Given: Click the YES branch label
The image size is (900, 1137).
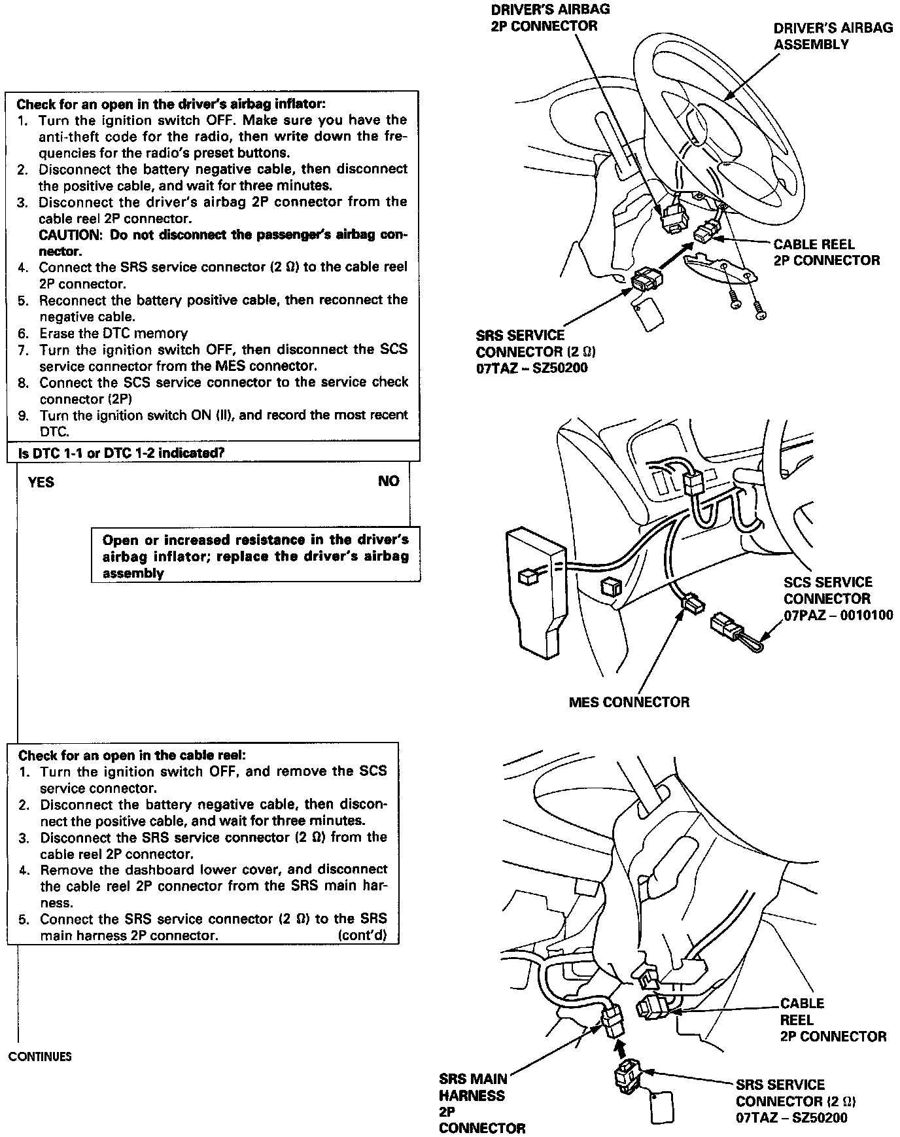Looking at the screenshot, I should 41,483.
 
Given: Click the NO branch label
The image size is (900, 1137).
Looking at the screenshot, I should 388,481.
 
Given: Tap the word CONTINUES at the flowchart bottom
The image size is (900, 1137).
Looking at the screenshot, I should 40,1057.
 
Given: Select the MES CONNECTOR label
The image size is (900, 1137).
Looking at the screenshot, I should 629,703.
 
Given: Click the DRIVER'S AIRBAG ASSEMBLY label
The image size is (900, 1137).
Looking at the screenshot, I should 833,36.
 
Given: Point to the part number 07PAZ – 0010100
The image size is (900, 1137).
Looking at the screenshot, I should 838,616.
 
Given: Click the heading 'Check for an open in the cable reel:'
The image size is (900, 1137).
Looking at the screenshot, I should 132,756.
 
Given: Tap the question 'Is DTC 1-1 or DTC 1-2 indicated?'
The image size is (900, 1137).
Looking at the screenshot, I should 120,453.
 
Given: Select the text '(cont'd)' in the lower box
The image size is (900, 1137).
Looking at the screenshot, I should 362,936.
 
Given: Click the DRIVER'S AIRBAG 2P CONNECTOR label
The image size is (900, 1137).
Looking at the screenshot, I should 544,18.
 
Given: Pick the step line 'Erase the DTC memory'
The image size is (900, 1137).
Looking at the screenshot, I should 113,334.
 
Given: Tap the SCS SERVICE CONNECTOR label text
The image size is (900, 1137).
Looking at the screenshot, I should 827,590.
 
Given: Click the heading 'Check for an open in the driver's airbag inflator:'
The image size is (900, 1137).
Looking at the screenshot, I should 171,104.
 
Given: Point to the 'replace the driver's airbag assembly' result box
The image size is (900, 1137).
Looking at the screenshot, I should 255,556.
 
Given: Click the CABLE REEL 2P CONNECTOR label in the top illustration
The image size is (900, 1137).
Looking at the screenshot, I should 826,253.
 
